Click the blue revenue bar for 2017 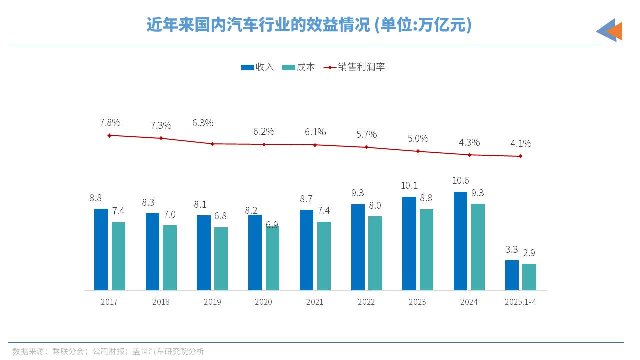101,249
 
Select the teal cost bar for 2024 478,247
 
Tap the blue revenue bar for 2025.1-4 512,275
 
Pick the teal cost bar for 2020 272,258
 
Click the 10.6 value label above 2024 460,180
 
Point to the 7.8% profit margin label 110,122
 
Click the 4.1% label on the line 521,144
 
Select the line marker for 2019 212,144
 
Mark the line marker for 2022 366,147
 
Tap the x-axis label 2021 315,302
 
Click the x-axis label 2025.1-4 520,302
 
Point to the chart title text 309,25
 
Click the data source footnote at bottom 108,351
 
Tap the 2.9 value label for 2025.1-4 529,253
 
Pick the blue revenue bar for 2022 358,247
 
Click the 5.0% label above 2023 418,138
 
